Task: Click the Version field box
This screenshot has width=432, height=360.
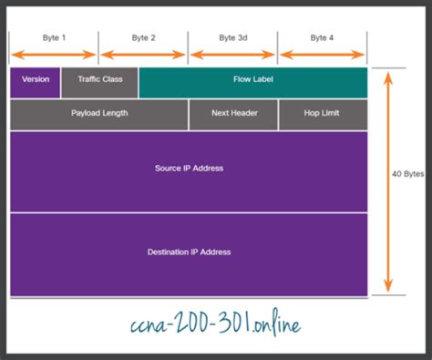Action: [36, 80]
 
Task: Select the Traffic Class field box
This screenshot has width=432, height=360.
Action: [100, 80]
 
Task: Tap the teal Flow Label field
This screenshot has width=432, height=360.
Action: [253, 80]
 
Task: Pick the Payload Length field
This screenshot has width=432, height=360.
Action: [99, 114]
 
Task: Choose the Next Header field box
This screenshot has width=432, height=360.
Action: [233, 114]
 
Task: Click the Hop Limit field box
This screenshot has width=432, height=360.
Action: [323, 114]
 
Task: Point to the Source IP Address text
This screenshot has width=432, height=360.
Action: [189, 169]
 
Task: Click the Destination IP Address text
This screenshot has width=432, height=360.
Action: [189, 252]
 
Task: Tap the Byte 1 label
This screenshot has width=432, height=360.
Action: [55, 38]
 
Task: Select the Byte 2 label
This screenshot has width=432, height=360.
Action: [143, 38]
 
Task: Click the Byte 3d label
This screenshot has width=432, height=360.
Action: [233, 38]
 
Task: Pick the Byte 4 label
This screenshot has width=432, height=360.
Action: [323, 38]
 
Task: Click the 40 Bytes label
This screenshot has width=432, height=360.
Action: [408, 174]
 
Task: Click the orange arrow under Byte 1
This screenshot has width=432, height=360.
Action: [54, 55]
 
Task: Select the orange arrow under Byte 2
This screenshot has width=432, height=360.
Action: [143, 55]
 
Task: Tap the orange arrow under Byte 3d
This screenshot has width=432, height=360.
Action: [233, 55]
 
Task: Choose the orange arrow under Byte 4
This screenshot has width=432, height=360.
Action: [323, 55]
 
